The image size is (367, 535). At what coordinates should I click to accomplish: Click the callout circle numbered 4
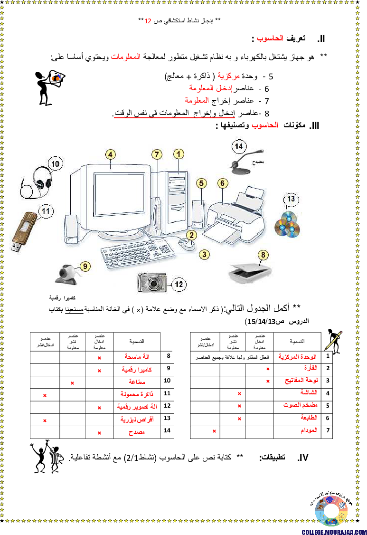(110, 154)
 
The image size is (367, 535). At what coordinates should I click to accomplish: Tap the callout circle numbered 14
(239, 146)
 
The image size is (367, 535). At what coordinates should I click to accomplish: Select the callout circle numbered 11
(46, 210)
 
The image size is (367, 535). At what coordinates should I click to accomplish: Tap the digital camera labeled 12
(152, 283)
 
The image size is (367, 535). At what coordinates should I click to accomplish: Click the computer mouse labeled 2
(186, 243)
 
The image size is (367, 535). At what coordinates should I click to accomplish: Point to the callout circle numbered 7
(157, 154)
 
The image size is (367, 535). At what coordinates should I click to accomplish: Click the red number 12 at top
(148, 21)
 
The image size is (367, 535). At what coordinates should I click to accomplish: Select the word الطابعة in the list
(308, 418)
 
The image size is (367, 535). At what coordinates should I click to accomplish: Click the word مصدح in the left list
(136, 432)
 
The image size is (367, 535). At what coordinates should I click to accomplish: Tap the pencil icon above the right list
(334, 340)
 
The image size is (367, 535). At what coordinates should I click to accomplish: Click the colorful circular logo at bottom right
(331, 511)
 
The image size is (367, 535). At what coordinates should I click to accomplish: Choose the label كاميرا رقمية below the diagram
(62, 299)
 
